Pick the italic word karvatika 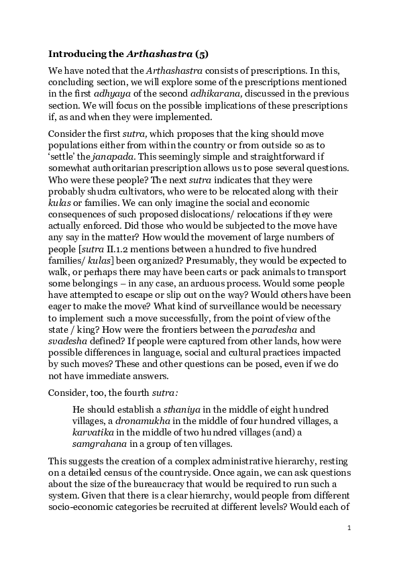[x=95, y=433]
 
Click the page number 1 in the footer [x=349, y=528]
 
